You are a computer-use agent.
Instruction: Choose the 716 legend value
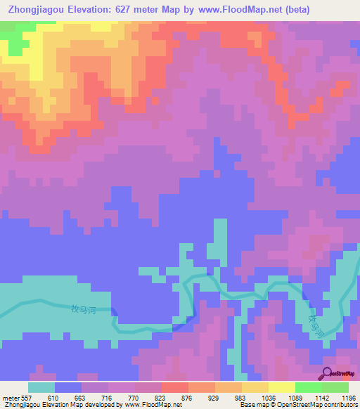click(x=108, y=398)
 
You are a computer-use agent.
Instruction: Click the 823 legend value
click(x=161, y=398)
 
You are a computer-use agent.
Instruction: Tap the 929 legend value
click(x=214, y=398)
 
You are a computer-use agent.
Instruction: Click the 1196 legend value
click(x=347, y=398)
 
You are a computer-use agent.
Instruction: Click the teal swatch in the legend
click(x=41, y=387)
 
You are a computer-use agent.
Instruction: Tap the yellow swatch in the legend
click(x=281, y=387)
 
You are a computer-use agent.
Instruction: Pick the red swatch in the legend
click(x=174, y=387)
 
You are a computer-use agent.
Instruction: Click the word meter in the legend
click(x=11, y=398)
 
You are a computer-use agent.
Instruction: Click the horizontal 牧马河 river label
click(x=84, y=308)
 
